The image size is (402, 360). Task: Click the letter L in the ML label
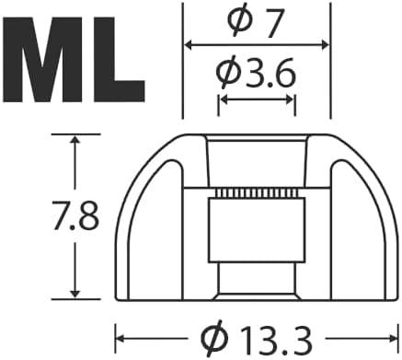coord(120,59)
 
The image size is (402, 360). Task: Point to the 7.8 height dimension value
coord(75,215)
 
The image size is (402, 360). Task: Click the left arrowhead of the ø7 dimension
coord(188,45)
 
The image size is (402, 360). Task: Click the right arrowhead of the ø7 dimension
coord(325,45)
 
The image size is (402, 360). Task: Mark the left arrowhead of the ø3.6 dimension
coord(224,100)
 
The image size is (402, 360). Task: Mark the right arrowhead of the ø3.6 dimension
coord(290,100)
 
